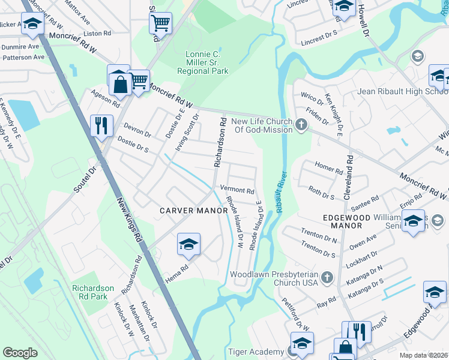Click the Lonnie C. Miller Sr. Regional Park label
tap(202, 62)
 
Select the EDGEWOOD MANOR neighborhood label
tap(342, 221)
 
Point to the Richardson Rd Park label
tap(92, 292)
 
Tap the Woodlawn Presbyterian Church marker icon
tap(327, 278)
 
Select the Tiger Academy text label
tap(256, 352)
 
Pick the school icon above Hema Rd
tap(188, 244)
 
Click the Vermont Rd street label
tap(237, 190)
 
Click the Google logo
tap(20, 353)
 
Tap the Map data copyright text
tap(424, 355)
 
